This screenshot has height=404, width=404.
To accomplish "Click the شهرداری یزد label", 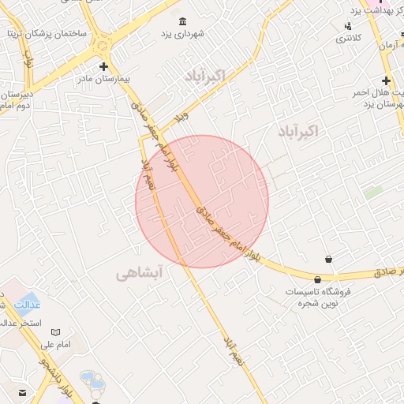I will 183,34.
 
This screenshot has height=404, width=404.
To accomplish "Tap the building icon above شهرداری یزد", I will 183,21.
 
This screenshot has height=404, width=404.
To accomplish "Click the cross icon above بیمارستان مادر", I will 103,66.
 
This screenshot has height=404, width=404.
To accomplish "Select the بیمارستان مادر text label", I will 103,80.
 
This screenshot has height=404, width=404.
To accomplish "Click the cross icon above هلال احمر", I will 386,80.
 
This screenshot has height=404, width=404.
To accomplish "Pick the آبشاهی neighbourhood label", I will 139,274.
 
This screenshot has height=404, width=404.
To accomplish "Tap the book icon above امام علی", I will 55,332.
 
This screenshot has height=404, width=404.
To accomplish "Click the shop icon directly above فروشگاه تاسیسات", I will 317,279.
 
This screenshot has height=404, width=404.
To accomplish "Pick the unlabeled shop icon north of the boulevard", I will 328,259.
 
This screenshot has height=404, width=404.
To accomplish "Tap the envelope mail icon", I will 22,392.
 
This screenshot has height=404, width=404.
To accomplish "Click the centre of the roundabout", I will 103,44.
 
